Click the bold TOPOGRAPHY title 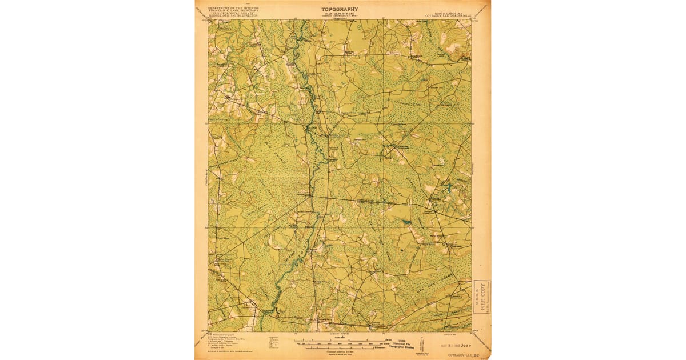pyautogui.click(x=340, y=9)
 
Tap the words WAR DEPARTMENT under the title pyautogui.click(x=340, y=14)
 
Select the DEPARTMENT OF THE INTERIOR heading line pyautogui.click(x=233, y=9)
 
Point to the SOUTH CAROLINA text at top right pyautogui.click(x=450, y=12)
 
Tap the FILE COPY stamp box pyautogui.click(x=482, y=297)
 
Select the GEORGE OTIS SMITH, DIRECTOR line pyautogui.click(x=233, y=17)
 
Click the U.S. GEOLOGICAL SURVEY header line pyautogui.click(x=233, y=14)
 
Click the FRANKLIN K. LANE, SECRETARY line pyautogui.click(x=233, y=11)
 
